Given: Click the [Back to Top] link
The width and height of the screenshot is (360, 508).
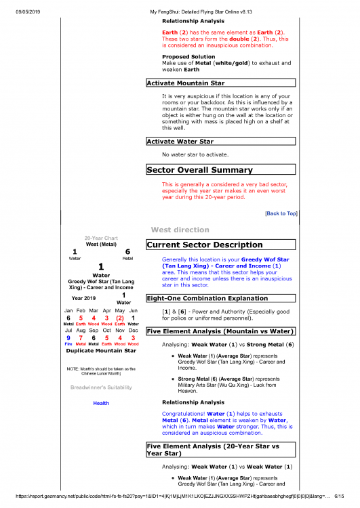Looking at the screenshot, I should [281, 213].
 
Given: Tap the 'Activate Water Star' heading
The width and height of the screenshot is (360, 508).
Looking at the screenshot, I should [180, 142].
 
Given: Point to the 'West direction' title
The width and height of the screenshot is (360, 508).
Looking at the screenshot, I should [180, 230].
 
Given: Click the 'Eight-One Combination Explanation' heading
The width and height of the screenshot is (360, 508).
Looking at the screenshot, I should [207, 298].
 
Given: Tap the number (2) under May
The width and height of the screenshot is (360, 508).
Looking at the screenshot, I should [119, 318].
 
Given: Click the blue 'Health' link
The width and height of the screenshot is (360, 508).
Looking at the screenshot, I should [100, 403].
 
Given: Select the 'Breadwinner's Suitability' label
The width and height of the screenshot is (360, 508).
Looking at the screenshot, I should [100, 387].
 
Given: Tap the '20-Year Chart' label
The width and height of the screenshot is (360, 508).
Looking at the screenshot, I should [100, 238].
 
